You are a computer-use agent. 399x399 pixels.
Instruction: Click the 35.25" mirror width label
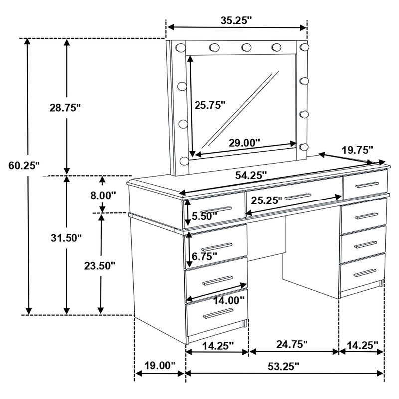236,20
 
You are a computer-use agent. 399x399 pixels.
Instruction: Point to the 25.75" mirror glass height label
210,105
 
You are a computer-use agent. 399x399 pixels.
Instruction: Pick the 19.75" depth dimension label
357,149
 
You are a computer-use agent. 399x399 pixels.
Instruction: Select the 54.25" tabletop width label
250,175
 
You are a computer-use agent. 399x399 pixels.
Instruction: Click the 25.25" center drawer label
266,200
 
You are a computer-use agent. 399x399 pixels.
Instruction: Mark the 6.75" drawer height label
205,256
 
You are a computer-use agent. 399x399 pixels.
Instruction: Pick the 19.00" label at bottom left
159,366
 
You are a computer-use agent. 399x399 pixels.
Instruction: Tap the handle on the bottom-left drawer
218,313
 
